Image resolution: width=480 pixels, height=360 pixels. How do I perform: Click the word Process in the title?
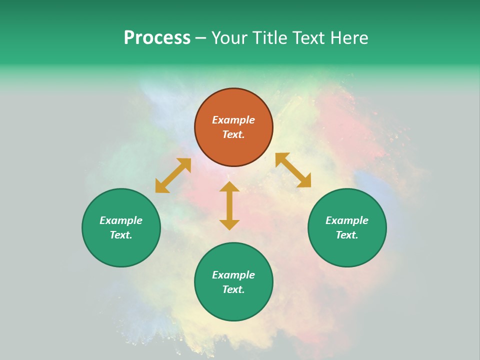point(157,38)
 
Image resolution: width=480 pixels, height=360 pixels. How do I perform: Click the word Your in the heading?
point(230,38)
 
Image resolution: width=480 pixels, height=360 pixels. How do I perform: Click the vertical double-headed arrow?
point(229,206)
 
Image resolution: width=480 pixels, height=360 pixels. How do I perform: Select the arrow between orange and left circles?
point(173,175)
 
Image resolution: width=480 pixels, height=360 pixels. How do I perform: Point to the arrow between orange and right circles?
point(293,170)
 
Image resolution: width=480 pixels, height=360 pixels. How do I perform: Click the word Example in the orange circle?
point(233,120)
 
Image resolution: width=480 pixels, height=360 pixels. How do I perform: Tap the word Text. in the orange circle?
point(233,134)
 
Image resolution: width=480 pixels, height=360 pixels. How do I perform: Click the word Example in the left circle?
point(121,220)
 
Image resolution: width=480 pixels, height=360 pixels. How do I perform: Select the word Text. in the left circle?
point(121,235)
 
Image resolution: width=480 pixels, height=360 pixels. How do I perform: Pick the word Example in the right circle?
point(347,220)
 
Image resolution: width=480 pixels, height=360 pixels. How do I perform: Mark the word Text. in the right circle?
point(347,235)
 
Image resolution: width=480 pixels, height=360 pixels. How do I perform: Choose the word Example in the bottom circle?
point(233,275)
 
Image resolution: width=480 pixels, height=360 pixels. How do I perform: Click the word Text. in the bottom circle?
point(233,289)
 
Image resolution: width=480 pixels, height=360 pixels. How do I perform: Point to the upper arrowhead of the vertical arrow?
point(229,187)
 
